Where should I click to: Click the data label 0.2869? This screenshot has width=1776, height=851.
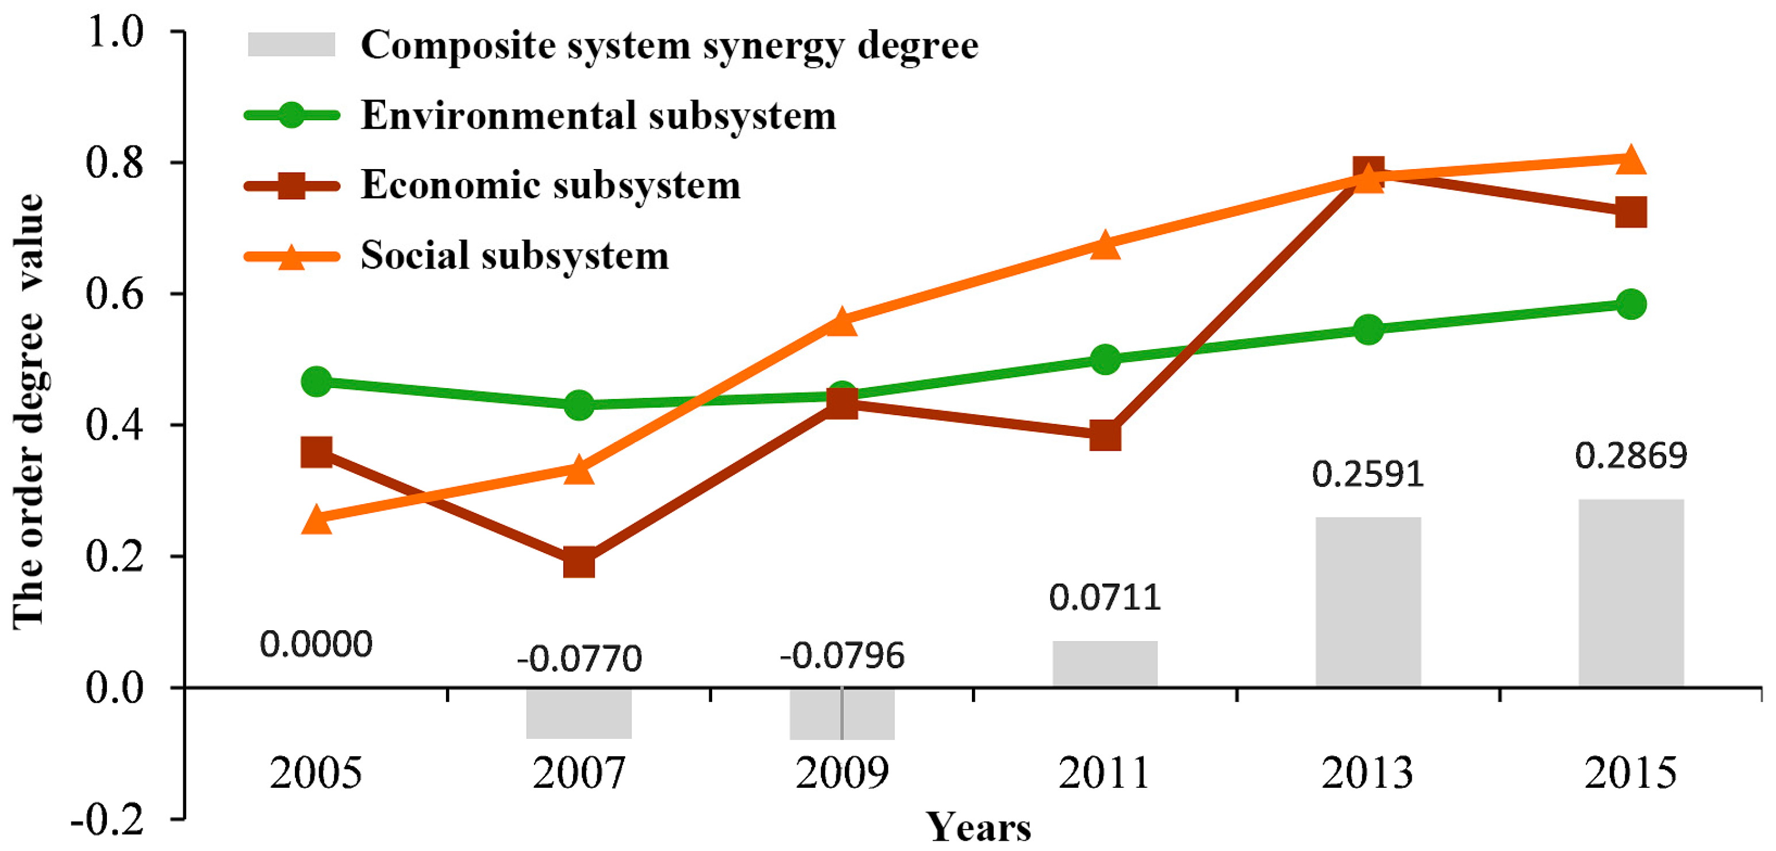(x=1631, y=456)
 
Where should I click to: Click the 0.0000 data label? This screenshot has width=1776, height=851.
(x=316, y=644)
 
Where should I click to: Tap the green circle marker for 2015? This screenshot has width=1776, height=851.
(x=1631, y=304)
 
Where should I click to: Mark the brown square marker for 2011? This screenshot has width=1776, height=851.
(x=1105, y=435)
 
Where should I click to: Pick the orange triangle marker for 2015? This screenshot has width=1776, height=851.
(x=1631, y=160)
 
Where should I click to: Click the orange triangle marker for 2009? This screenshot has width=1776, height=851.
(x=842, y=321)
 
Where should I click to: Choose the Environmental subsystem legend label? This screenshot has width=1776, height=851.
(x=598, y=115)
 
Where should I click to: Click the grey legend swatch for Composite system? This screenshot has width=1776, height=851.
(x=291, y=45)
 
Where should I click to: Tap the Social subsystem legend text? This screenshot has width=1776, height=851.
(x=514, y=256)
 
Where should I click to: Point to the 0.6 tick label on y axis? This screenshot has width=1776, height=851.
(x=114, y=294)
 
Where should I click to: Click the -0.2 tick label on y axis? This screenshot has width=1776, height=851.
(x=107, y=819)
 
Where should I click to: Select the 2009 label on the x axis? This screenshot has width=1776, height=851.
(x=842, y=772)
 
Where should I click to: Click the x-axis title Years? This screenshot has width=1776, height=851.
(x=978, y=826)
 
